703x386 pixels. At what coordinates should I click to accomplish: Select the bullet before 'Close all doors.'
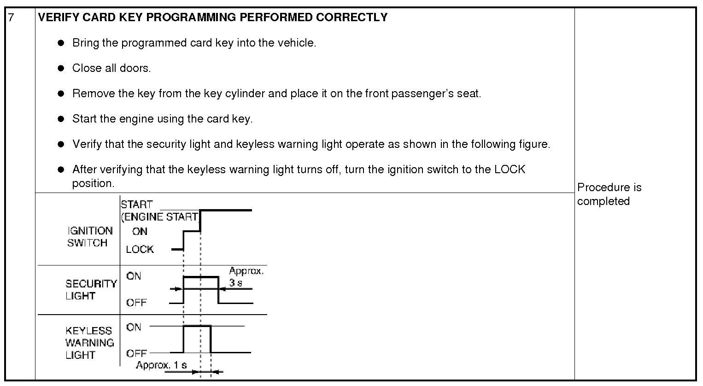pos(61,68)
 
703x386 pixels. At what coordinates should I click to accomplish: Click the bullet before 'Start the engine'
pos(61,119)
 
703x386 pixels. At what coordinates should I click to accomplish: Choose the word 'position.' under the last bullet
pos(93,183)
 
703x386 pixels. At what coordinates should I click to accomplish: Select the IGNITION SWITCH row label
pos(90,237)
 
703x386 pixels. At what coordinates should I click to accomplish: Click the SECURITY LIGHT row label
pos(91,290)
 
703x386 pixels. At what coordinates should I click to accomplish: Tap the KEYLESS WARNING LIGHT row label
pos(89,343)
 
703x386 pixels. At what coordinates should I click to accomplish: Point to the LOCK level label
pos(140,249)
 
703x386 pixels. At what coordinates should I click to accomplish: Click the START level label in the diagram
pos(136,205)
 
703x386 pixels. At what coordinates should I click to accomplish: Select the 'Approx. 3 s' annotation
pos(246,276)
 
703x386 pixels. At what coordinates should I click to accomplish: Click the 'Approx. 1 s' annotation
pos(161,365)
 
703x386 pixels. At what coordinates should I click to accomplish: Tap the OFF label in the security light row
pos(136,303)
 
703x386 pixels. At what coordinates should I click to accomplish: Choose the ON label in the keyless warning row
pos(134,327)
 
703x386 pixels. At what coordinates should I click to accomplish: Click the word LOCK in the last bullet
pos(510,170)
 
